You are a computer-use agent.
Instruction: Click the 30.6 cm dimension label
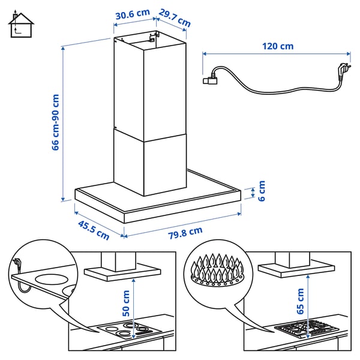coord(131,13)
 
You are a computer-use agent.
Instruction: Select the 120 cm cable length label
coord(278,46)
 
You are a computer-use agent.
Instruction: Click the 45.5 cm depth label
coord(94,230)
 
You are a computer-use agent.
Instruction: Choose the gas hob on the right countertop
coord(306,329)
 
